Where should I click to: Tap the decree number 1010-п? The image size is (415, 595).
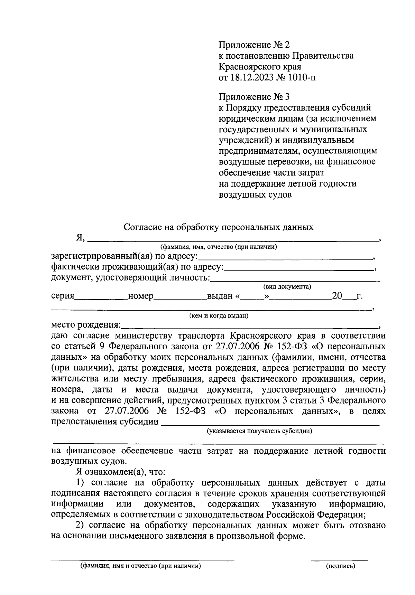pos(301,77)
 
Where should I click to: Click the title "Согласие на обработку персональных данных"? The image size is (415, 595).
pos(219,227)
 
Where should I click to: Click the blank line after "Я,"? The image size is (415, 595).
pos(233,238)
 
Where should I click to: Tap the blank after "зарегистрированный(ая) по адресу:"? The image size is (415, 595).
pos(285,257)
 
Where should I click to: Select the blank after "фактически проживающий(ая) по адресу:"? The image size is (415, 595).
pos(299,268)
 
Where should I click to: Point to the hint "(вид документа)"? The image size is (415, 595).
pos(287,287)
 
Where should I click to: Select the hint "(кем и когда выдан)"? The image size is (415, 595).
pos(219,315)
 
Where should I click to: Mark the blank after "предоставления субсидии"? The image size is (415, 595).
pos(270,423)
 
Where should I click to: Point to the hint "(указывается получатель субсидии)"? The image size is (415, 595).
pos(259,431)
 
